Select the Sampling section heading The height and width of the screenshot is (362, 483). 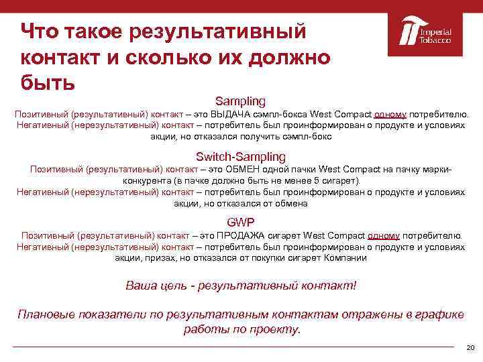tap(240, 101)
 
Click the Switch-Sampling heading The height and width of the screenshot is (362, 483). tap(240, 156)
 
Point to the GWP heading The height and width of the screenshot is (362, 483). tap(240, 222)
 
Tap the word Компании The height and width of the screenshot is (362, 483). tap(345, 257)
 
